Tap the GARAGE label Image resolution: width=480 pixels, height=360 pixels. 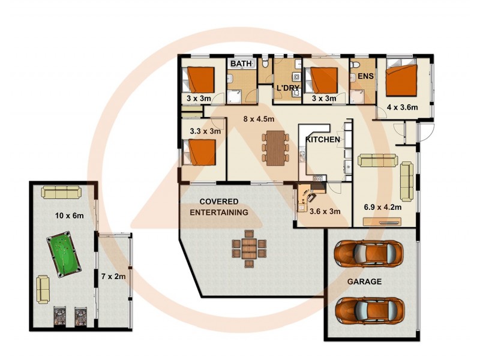pyautogui.click(x=364, y=281)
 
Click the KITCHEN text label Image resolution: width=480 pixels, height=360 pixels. pyautogui.click(x=323, y=140)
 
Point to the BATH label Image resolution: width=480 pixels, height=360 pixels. pyautogui.click(x=241, y=63)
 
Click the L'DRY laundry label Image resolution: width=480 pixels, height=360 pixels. pyautogui.click(x=286, y=89)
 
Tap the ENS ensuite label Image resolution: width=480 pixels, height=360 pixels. pyautogui.click(x=365, y=77)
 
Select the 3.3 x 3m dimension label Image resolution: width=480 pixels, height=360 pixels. pyautogui.click(x=205, y=131)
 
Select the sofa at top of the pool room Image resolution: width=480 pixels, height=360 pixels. pyautogui.click(x=61, y=192)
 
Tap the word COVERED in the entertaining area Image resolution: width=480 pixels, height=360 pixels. pyautogui.click(x=218, y=201)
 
